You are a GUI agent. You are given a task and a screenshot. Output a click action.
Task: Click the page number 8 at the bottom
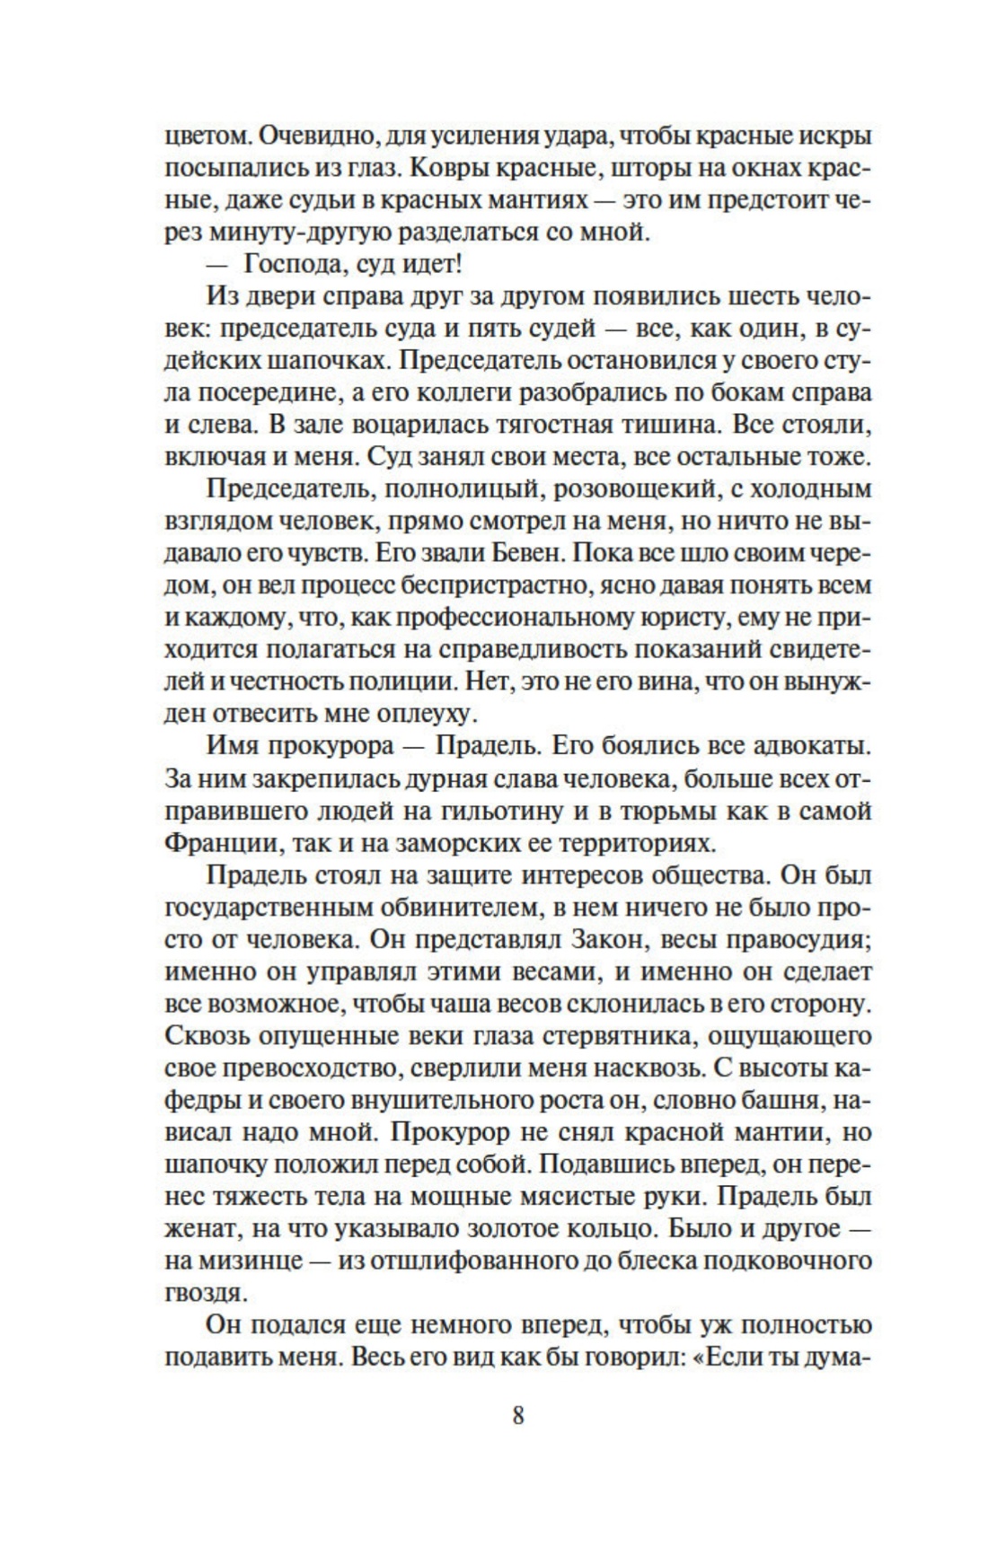(517, 1416)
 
